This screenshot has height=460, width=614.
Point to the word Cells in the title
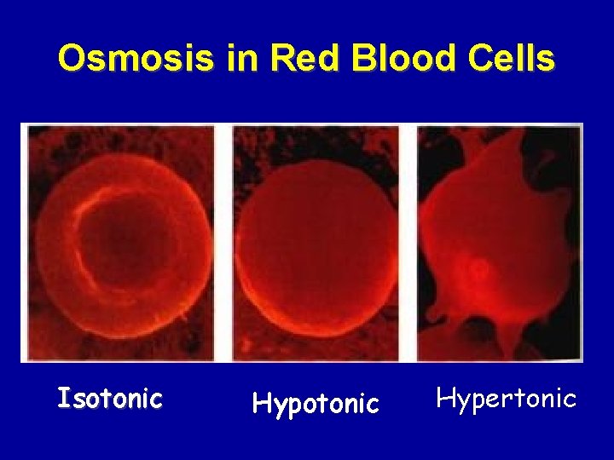(x=513, y=58)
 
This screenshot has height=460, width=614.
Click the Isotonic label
(x=109, y=398)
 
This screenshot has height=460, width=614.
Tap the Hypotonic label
(x=316, y=403)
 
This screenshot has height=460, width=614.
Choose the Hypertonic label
(x=507, y=398)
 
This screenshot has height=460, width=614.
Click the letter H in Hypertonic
(x=444, y=397)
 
